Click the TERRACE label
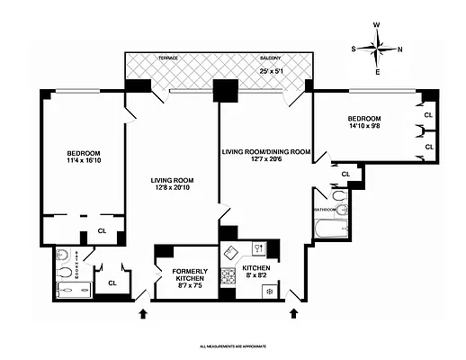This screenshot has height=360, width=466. (168, 58)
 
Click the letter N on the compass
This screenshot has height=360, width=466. (399, 49)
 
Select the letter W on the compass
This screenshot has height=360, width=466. (378, 26)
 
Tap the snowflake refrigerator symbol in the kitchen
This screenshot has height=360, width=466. (271, 291)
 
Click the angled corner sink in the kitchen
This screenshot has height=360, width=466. (260, 247)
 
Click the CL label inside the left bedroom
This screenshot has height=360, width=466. (102, 230)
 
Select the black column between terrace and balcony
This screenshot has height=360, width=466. (223, 90)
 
